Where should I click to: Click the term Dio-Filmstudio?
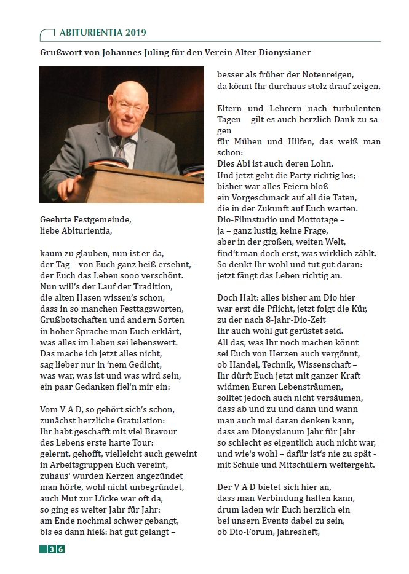(x=245, y=219)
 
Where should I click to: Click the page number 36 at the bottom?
(x=57, y=549)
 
